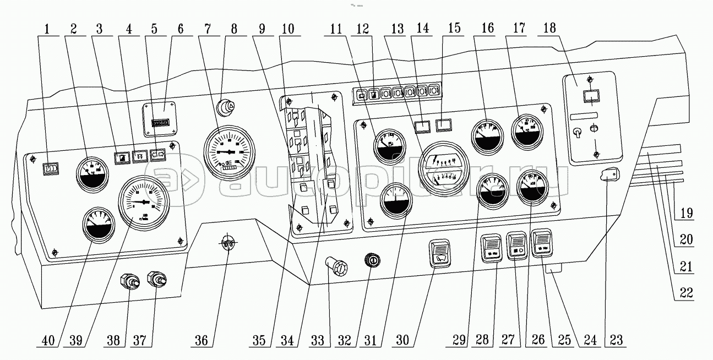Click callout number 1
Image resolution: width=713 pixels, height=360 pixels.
(48, 29)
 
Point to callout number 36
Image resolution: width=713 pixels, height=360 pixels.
(202, 341)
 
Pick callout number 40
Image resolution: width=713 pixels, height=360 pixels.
(48, 341)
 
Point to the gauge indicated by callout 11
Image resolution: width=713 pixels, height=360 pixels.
(387, 145)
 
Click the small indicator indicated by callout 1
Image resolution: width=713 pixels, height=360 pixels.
(50, 168)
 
